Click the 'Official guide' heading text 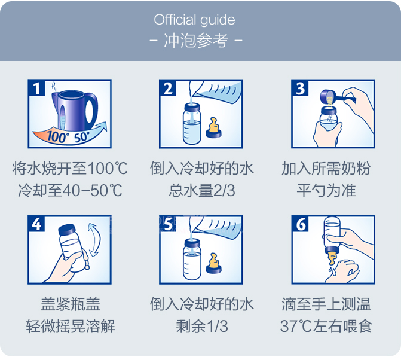click(194, 19)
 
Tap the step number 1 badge click(38, 89)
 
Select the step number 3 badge click(301, 89)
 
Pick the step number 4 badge click(38, 224)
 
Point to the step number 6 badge click(301, 224)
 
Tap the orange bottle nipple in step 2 click(212, 127)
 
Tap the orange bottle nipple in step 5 click(212, 262)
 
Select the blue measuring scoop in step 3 click(332, 96)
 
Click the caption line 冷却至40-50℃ click(70, 191)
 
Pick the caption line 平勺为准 click(326, 191)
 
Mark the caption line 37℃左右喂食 click(326, 327)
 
